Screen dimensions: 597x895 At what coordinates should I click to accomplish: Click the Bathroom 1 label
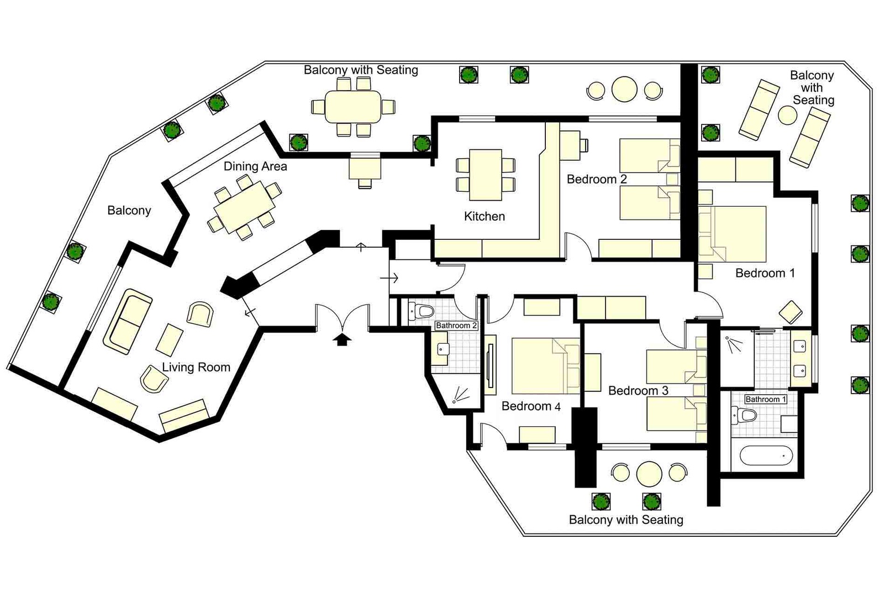pos(765,399)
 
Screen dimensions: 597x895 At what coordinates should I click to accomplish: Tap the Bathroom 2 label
pos(456,326)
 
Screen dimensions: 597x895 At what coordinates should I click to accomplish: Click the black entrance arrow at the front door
pos(343,339)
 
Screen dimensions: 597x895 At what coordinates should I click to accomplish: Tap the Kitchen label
pos(484,216)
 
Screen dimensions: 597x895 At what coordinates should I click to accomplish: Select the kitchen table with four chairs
pos(486,174)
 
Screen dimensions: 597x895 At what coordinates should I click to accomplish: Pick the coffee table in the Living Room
pos(170,340)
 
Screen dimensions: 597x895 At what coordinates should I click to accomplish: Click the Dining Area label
pos(255,166)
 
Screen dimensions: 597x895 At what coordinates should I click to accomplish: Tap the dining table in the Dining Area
pos(245,208)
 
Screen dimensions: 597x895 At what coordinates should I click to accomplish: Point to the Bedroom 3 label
pos(638,391)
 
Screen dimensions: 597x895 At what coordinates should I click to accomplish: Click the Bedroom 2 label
pos(597,179)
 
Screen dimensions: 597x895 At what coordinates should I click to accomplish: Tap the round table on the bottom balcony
pos(649,473)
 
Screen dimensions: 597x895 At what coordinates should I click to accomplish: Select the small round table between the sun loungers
pos(787,115)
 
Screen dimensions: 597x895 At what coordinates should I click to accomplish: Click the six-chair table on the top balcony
pos(352,106)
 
